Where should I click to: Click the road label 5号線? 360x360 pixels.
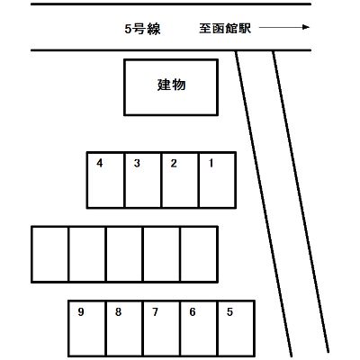tap(142, 29)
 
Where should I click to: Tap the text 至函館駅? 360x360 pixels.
tap(225, 29)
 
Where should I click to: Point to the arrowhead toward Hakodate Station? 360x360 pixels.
tap(306, 27)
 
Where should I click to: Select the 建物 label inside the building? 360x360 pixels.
tap(171, 85)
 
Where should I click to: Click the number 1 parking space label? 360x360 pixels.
tap(211, 163)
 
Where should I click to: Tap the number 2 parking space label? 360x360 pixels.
tap(174, 163)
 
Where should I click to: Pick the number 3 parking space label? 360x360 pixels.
tap(137, 163)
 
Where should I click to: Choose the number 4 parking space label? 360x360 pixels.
tap(100, 163)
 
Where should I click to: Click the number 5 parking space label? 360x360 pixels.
tap(229, 312)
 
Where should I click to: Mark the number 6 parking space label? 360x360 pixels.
tap(193, 312)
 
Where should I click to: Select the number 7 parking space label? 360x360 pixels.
tap(155, 312)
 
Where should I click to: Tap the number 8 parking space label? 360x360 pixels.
tap(118, 312)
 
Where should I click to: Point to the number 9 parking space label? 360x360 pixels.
tap(81, 312)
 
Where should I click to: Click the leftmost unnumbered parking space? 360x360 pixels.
tap(50, 255)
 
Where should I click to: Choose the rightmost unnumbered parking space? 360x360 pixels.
tap(199, 255)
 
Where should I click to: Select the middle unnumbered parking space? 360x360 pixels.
tap(124, 255)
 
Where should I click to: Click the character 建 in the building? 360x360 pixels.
tap(165, 85)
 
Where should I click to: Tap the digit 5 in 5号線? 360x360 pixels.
tap(128, 29)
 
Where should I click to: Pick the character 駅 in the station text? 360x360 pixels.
tap(245, 29)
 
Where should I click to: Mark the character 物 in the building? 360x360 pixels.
tap(179, 85)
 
